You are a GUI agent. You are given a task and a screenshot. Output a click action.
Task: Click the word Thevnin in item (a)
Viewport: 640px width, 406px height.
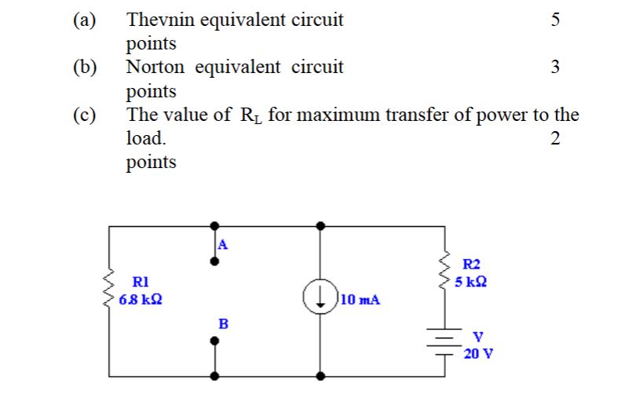pyautogui.click(x=160, y=20)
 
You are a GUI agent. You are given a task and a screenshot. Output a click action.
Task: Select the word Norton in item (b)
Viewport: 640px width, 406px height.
pyautogui.click(x=155, y=68)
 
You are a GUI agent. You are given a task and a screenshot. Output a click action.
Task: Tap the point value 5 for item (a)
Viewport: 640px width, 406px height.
pyautogui.click(x=555, y=20)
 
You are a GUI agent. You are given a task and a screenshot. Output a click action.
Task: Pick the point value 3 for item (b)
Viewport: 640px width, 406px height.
pyautogui.click(x=555, y=68)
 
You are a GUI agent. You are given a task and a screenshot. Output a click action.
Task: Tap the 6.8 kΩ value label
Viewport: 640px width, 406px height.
pyautogui.click(x=141, y=298)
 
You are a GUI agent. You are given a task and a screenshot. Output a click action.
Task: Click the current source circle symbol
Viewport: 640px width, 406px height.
pyautogui.click(x=320, y=298)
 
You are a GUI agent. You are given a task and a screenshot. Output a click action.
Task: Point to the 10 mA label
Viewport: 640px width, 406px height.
pyautogui.click(x=361, y=299)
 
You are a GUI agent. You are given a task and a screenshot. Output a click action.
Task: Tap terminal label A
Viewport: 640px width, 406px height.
pyautogui.click(x=222, y=244)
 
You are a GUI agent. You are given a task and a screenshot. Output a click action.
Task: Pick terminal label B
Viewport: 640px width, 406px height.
pyautogui.click(x=222, y=323)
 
